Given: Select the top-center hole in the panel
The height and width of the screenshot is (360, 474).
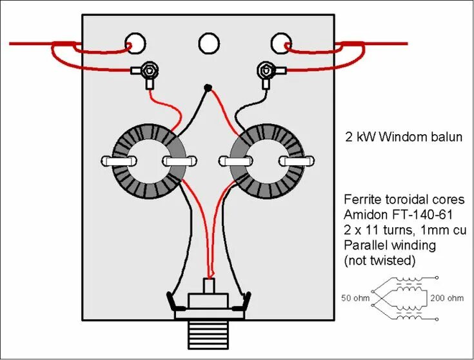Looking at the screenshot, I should coord(208,43).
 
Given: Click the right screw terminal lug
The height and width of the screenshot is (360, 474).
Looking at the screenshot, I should coord(264,71).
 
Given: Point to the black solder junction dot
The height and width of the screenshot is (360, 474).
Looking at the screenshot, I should coord(207,86).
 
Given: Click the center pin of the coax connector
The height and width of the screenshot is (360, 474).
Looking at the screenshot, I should coord(208,286).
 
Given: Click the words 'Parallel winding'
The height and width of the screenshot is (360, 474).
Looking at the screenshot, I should coord(390,245).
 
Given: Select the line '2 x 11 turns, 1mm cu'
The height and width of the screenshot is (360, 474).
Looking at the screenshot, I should coord(405,230).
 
